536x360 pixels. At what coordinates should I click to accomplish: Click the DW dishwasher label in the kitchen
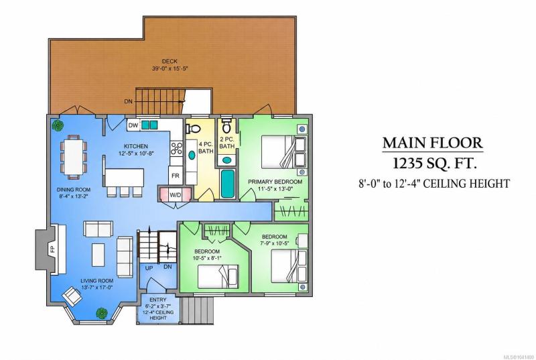click(133, 125)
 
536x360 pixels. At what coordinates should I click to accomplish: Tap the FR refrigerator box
click(176, 176)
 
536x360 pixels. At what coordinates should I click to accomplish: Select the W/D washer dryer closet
click(176, 194)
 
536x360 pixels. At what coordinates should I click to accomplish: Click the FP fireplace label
click(52, 249)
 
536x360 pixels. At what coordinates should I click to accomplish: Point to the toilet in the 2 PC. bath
click(226, 125)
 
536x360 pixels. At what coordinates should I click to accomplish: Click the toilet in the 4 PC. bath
click(193, 129)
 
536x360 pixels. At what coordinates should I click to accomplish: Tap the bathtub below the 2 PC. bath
click(227, 183)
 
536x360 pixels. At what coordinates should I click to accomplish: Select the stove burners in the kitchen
click(176, 148)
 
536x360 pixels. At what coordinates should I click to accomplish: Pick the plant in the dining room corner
click(57, 125)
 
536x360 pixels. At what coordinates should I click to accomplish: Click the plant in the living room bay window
click(101, 313)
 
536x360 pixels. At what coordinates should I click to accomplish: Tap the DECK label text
click(170, 61)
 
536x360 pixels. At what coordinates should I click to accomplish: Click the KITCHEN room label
click(136, 146)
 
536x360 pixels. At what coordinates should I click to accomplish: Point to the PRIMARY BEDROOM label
click(275, 182)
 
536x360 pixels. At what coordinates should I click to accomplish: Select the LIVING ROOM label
click(97, 281)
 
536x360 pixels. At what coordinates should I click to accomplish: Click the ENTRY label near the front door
click(158, 300)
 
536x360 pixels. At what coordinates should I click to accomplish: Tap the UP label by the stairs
click(149, 268)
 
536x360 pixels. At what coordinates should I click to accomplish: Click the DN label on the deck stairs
click(128, 101)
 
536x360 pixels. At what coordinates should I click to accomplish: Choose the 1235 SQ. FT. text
click(434, 164)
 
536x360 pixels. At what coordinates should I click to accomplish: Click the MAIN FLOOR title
click(433, 143)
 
